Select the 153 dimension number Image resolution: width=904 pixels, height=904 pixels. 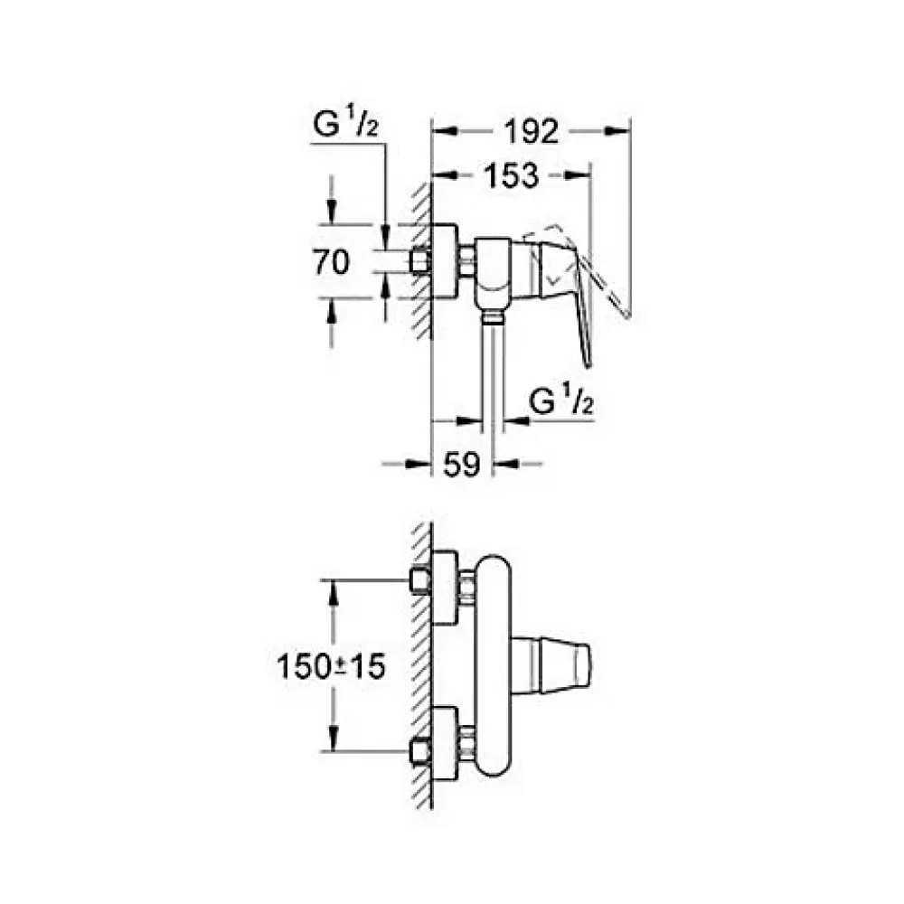pyautogui.click(x=511, y=176)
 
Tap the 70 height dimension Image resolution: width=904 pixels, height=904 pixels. pyautogui.click(x=331, y=262)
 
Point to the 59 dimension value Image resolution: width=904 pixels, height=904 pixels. pyautogui.click(x=462, y=464)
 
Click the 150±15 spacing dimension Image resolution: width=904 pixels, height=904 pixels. pyautogui.click(x=331, y=666)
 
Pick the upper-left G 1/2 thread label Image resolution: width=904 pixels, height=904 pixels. pyautogui.click(x=345, y=125)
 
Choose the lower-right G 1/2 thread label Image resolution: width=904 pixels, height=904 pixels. pyautogui.click(x=561, y=401)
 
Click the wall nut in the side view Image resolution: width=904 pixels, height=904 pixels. pyautogui.click(x=419, y=261)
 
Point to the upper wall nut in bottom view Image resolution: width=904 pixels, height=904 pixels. pyautogui.click(x=419, y=580)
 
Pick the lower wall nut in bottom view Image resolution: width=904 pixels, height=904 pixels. pyautogui.click(x=419, y=752)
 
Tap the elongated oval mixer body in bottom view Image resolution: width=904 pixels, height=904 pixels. pyautogui.click(x=492, y=666)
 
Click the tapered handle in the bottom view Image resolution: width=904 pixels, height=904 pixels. pyautogui.click(x=551, y=666)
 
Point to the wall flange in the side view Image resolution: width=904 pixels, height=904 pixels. pyautogui.click(x=445, y=261)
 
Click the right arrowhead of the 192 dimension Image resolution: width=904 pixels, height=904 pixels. pyautogui.click(x=617, y=131)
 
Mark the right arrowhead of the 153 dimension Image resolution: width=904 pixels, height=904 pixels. pyautogui.click(x=578, y=175)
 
